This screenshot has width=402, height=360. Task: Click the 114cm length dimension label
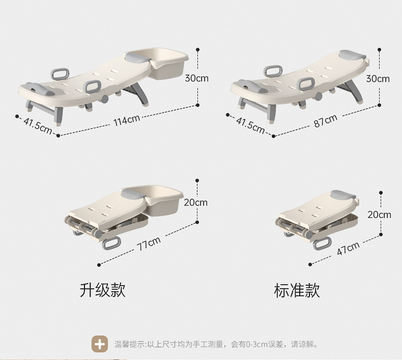pos(126,121)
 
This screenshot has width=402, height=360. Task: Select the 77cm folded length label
pos(148,244)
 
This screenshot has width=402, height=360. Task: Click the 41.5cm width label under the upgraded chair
pos(37,126)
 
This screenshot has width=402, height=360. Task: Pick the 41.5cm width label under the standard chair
pos(250,125)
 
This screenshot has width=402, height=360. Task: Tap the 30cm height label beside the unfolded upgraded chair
pos(196,78)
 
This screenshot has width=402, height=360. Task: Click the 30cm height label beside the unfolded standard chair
pos(378,78)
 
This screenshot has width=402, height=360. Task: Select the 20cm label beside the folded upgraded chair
pos(195,202)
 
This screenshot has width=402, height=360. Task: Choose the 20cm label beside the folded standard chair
pos(380,214)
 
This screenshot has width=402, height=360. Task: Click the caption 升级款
pos(102,290)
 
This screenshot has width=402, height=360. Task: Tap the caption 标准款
pos(297,290)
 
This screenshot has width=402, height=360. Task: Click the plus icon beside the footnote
pos(100,344)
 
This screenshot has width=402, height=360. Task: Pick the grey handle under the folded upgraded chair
pos(112,243)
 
